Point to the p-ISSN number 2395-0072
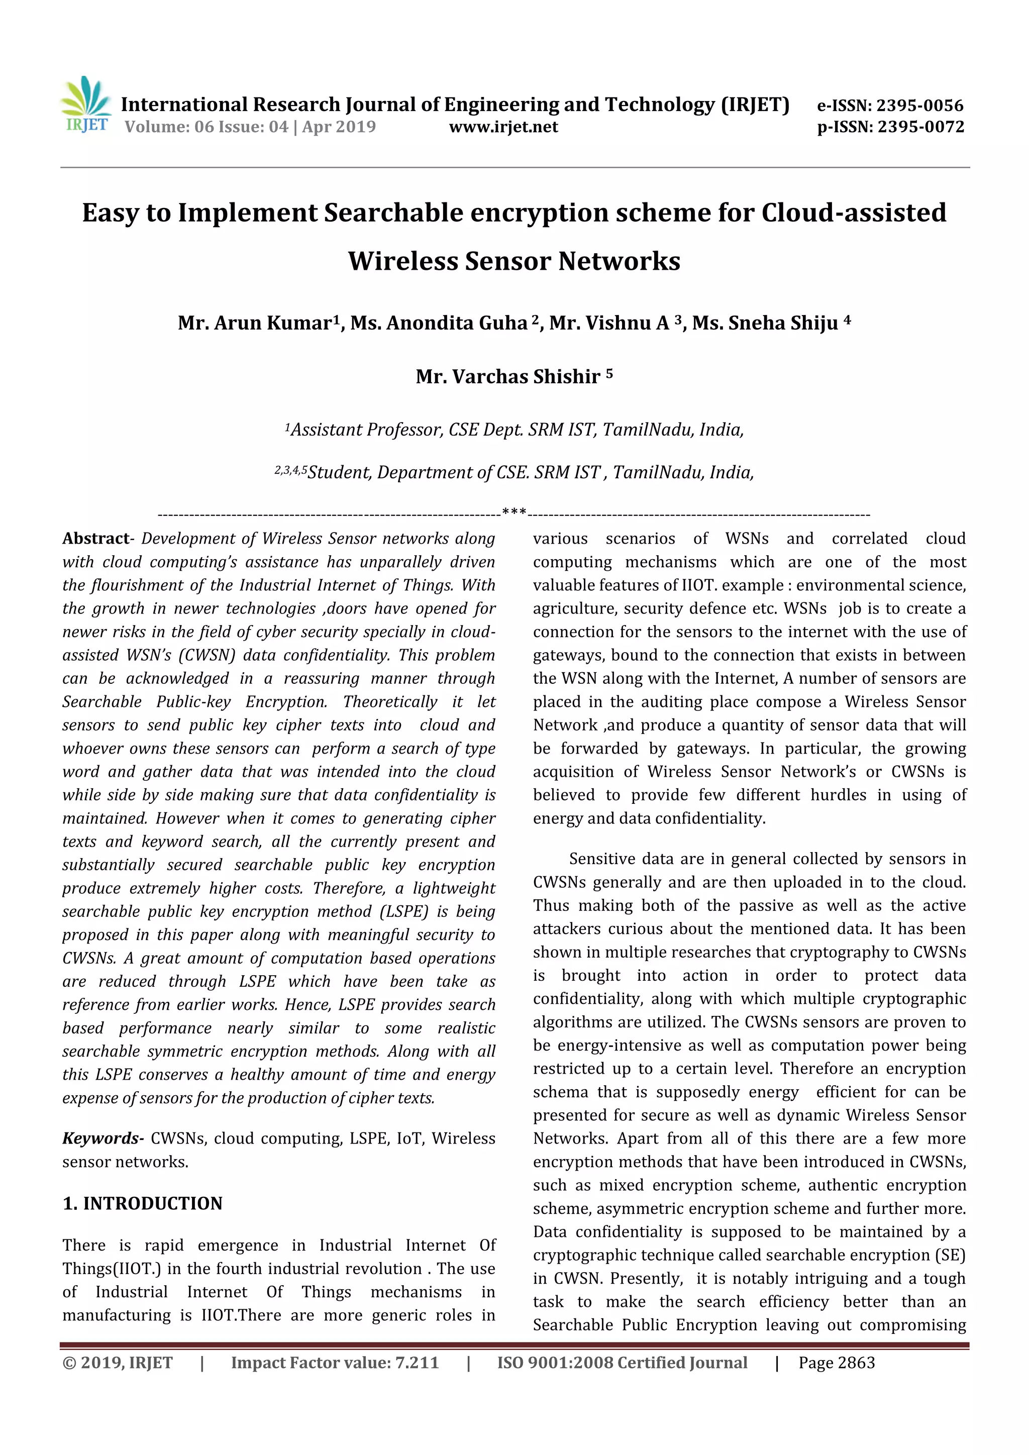[x=920, y=127]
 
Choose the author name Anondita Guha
[x=457, y=323]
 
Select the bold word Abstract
[x=95, y=539]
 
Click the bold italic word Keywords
[x=101, y=1138]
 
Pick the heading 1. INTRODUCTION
[x=143, y=1203]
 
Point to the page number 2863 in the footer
[x=855, y=1363]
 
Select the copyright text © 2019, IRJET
[x=117, y=1363]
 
